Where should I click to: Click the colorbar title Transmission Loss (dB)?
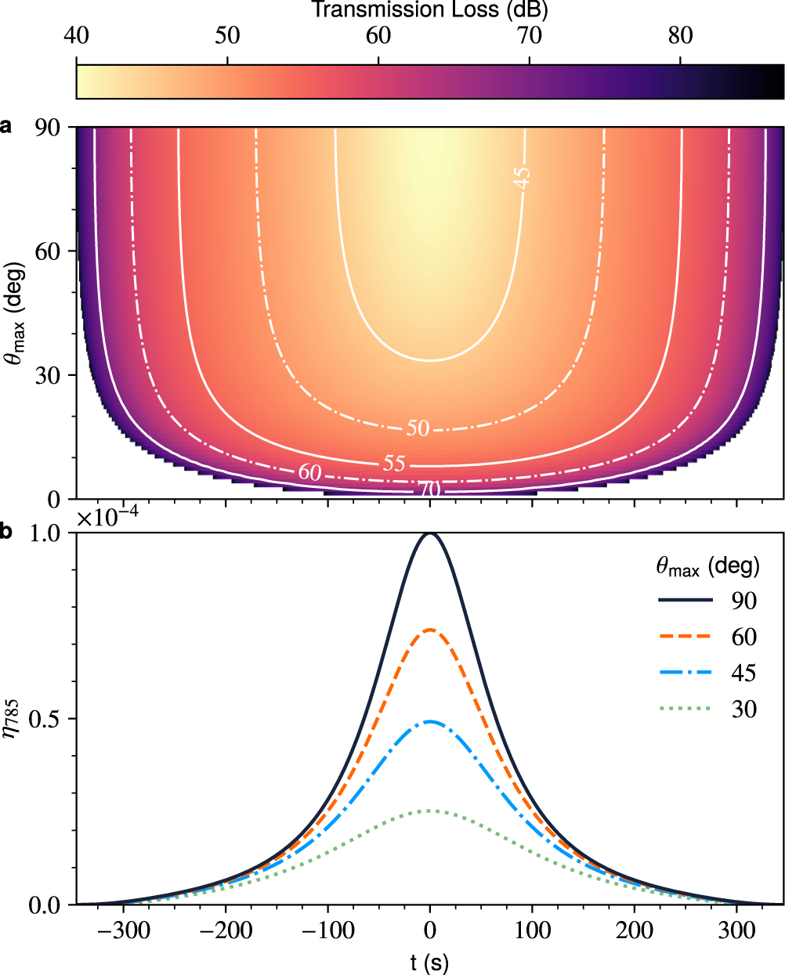tap(429, 10)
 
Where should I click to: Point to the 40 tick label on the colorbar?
tap(76, 37)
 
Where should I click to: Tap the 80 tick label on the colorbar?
tap(680, 37)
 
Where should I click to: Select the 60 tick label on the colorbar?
tap(378, 37)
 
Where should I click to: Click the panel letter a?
tap(7, 126)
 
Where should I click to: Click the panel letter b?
tap(7, 533)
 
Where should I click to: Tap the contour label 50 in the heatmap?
tap(418, 428)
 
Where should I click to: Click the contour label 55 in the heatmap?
tap(394, 463)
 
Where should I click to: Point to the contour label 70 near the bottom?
tap(429, 490)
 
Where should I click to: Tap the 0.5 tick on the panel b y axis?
tap(48, 719)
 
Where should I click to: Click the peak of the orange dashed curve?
tap(430, 629)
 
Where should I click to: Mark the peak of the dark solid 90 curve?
tap(430, 533)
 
